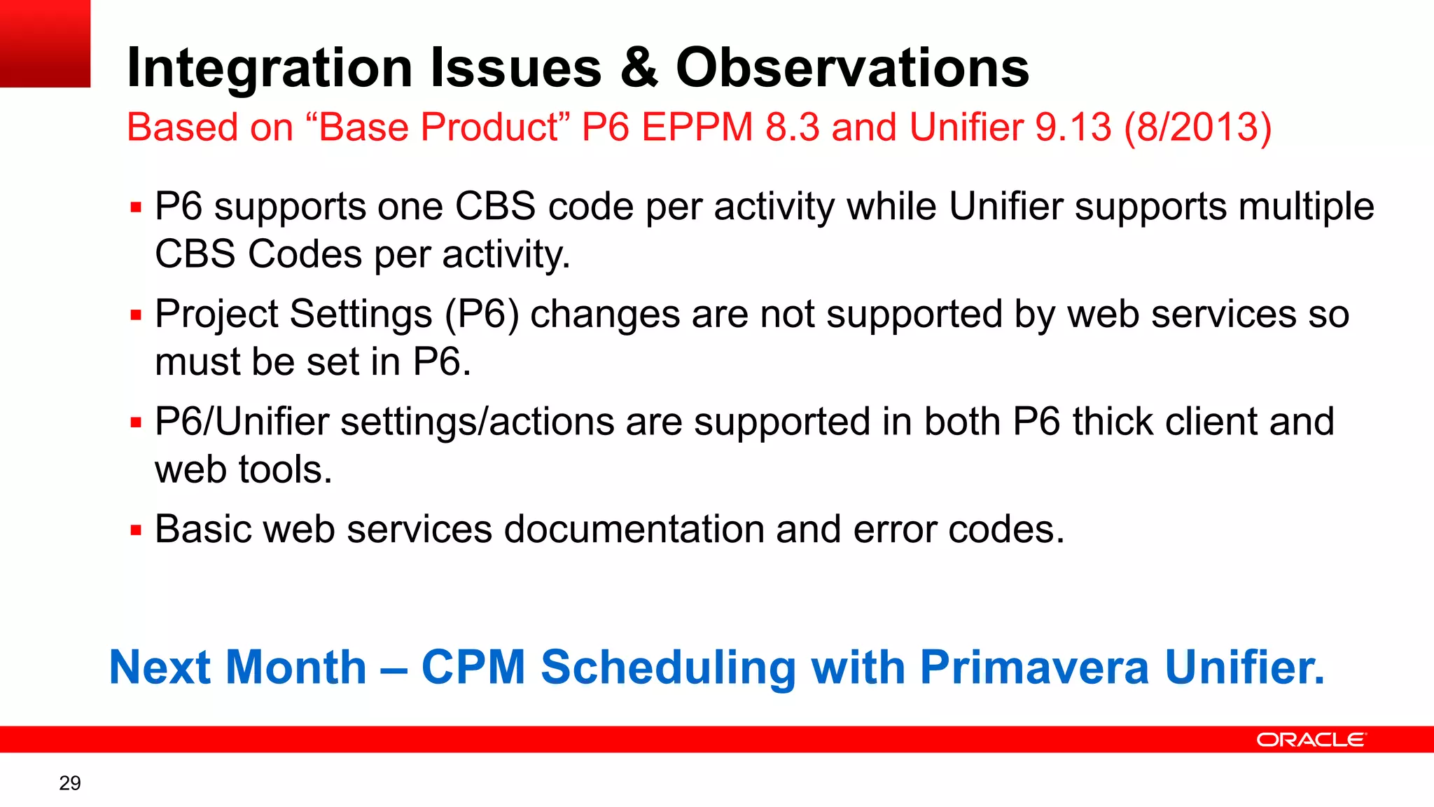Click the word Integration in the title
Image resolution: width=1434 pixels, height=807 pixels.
[x=270, y=68]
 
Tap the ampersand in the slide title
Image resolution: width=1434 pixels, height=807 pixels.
[x=639, y=68]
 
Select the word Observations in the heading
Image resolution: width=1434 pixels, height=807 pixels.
[x=852, y=68]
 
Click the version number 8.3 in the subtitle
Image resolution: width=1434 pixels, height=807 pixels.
[x=792, y=127]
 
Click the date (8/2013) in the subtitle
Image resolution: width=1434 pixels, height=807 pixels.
[x=1197, y=127]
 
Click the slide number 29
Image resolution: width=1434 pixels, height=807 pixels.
[x=70, y=783]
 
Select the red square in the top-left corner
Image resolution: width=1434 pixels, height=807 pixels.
[x=45, y=43]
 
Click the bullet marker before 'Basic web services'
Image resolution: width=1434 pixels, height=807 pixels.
[x=136, y=530]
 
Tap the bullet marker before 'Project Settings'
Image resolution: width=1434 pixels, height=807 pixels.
[x=136, y=315]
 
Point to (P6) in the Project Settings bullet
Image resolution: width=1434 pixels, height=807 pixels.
[x=482, y=314]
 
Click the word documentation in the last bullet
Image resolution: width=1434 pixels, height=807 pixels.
[x=634, y=529]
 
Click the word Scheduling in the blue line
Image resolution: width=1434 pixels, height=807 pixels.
[x=668, y=667]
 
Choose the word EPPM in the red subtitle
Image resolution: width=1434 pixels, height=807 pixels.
[x=697, y=127]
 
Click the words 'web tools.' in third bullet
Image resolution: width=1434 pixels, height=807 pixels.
[x=243, y=469]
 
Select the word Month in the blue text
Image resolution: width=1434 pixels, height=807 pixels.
[x=296, y=667]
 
